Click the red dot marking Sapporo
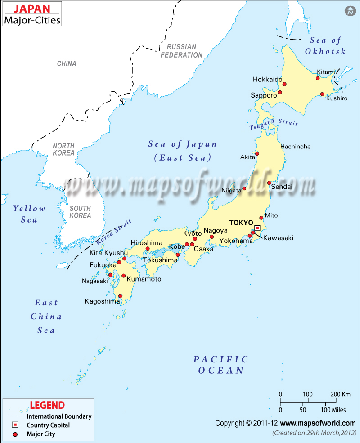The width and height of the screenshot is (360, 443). (x=279, y=92)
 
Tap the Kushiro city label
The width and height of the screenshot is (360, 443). (x=337, y=98)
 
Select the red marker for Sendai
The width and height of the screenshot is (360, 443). (x=269, y=183)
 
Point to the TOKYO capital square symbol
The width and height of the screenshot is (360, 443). (x=257, y=228)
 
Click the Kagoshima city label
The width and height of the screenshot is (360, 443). (x=102, y=301)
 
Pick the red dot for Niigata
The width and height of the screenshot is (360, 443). (x=244, y=188)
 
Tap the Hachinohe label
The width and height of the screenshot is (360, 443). (x=295, y=147)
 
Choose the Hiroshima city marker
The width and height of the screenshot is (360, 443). (x=148, y=248)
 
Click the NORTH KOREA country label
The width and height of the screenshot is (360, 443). (x=63, y=149)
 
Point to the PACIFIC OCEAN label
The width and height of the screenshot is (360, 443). (x=221, y=365)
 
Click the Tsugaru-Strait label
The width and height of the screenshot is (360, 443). (x=268, y=125)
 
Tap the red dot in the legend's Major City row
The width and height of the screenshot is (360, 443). (x=15, y=434)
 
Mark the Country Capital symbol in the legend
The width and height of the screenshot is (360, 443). (x=15, y=425)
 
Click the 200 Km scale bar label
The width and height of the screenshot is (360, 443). (x=340, y=394)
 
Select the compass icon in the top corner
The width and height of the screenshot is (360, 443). (x=350, y=11)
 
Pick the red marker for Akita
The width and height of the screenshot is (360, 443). (x=257, y=154)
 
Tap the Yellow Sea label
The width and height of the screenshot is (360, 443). (x=29, y=214)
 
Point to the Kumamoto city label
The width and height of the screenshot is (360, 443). (x=144, y=279)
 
